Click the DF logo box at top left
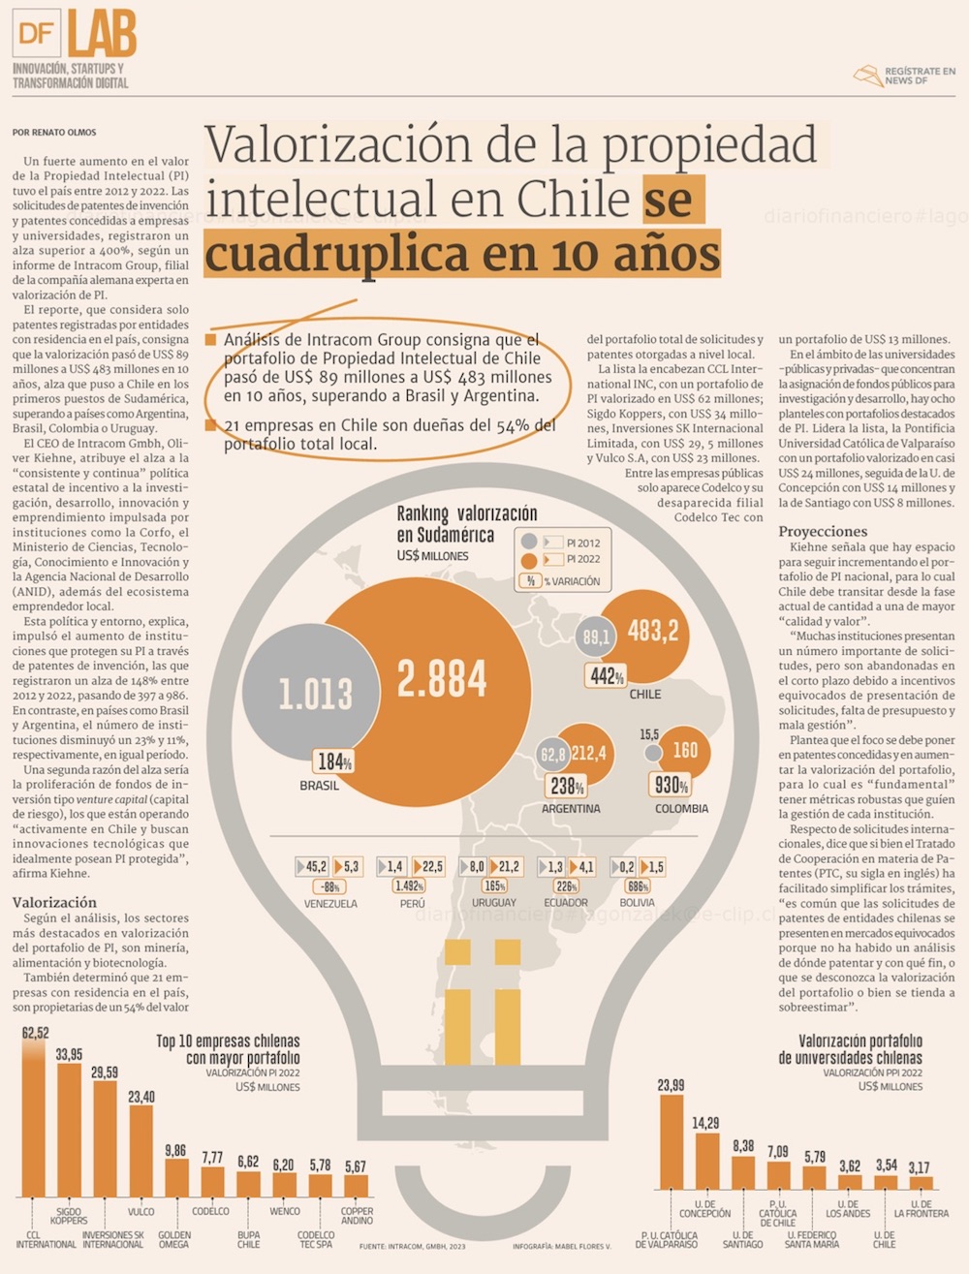tap(37, 34)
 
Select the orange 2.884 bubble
tap(442, 678)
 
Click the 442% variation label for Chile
tap(607, 675)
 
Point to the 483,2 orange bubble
tap(653, 632)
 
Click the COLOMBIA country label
tap(681, 809)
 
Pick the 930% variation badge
tap(672, 785)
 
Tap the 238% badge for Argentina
tap(567, 786)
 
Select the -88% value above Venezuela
tap(330, 886)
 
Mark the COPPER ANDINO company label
tap(357, 1216)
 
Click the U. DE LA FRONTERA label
tap(921, 1209)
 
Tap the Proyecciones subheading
tap(823, 531)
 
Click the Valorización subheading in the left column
tap(54, 902)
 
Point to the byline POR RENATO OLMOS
tap(54, 133)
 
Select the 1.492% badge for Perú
tap(409, 886)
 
